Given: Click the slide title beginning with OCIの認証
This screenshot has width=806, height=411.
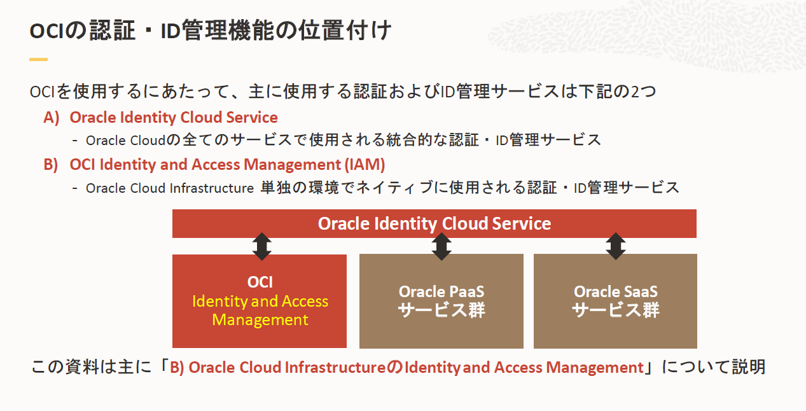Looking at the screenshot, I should pyautogui.click(x=210, y=31).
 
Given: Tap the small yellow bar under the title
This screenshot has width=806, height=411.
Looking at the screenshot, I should pyautogui.click(x=38, y=59).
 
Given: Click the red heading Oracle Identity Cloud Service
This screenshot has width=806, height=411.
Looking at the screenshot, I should pyautogui.click(x=174, y=118).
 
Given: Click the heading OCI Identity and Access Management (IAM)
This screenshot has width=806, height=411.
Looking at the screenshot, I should pyautogui.click(x=227, y=165).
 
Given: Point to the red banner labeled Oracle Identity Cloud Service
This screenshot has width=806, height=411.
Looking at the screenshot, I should pyautogui.click(x=434, y=224).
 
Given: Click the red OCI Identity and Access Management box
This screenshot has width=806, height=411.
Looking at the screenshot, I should pyautogui.click(x=260, y=302).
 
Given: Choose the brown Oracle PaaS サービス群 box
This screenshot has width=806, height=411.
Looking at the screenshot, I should pyautogui.click(x=441, y=301).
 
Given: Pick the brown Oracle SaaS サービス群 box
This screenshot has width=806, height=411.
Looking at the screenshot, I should pyautogui.click(x=615, y=301).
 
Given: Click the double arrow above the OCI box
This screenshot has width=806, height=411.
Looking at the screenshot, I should pyautogui.click(x=261, y=246).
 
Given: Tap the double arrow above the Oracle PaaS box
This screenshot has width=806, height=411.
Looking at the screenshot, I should pyautogui.click(x=441, y=246).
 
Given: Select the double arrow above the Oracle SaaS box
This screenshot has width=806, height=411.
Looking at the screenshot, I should pyautogui.click(x=615, y=246).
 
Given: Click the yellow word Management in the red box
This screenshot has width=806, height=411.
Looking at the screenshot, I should pyautogui.click(x=260, y=319).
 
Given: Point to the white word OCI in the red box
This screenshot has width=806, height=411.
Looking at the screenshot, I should pyautogui.click(x=260, y=282).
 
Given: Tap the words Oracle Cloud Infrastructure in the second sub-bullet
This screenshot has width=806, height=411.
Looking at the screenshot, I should pyautogui.click(x=170, y=188).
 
